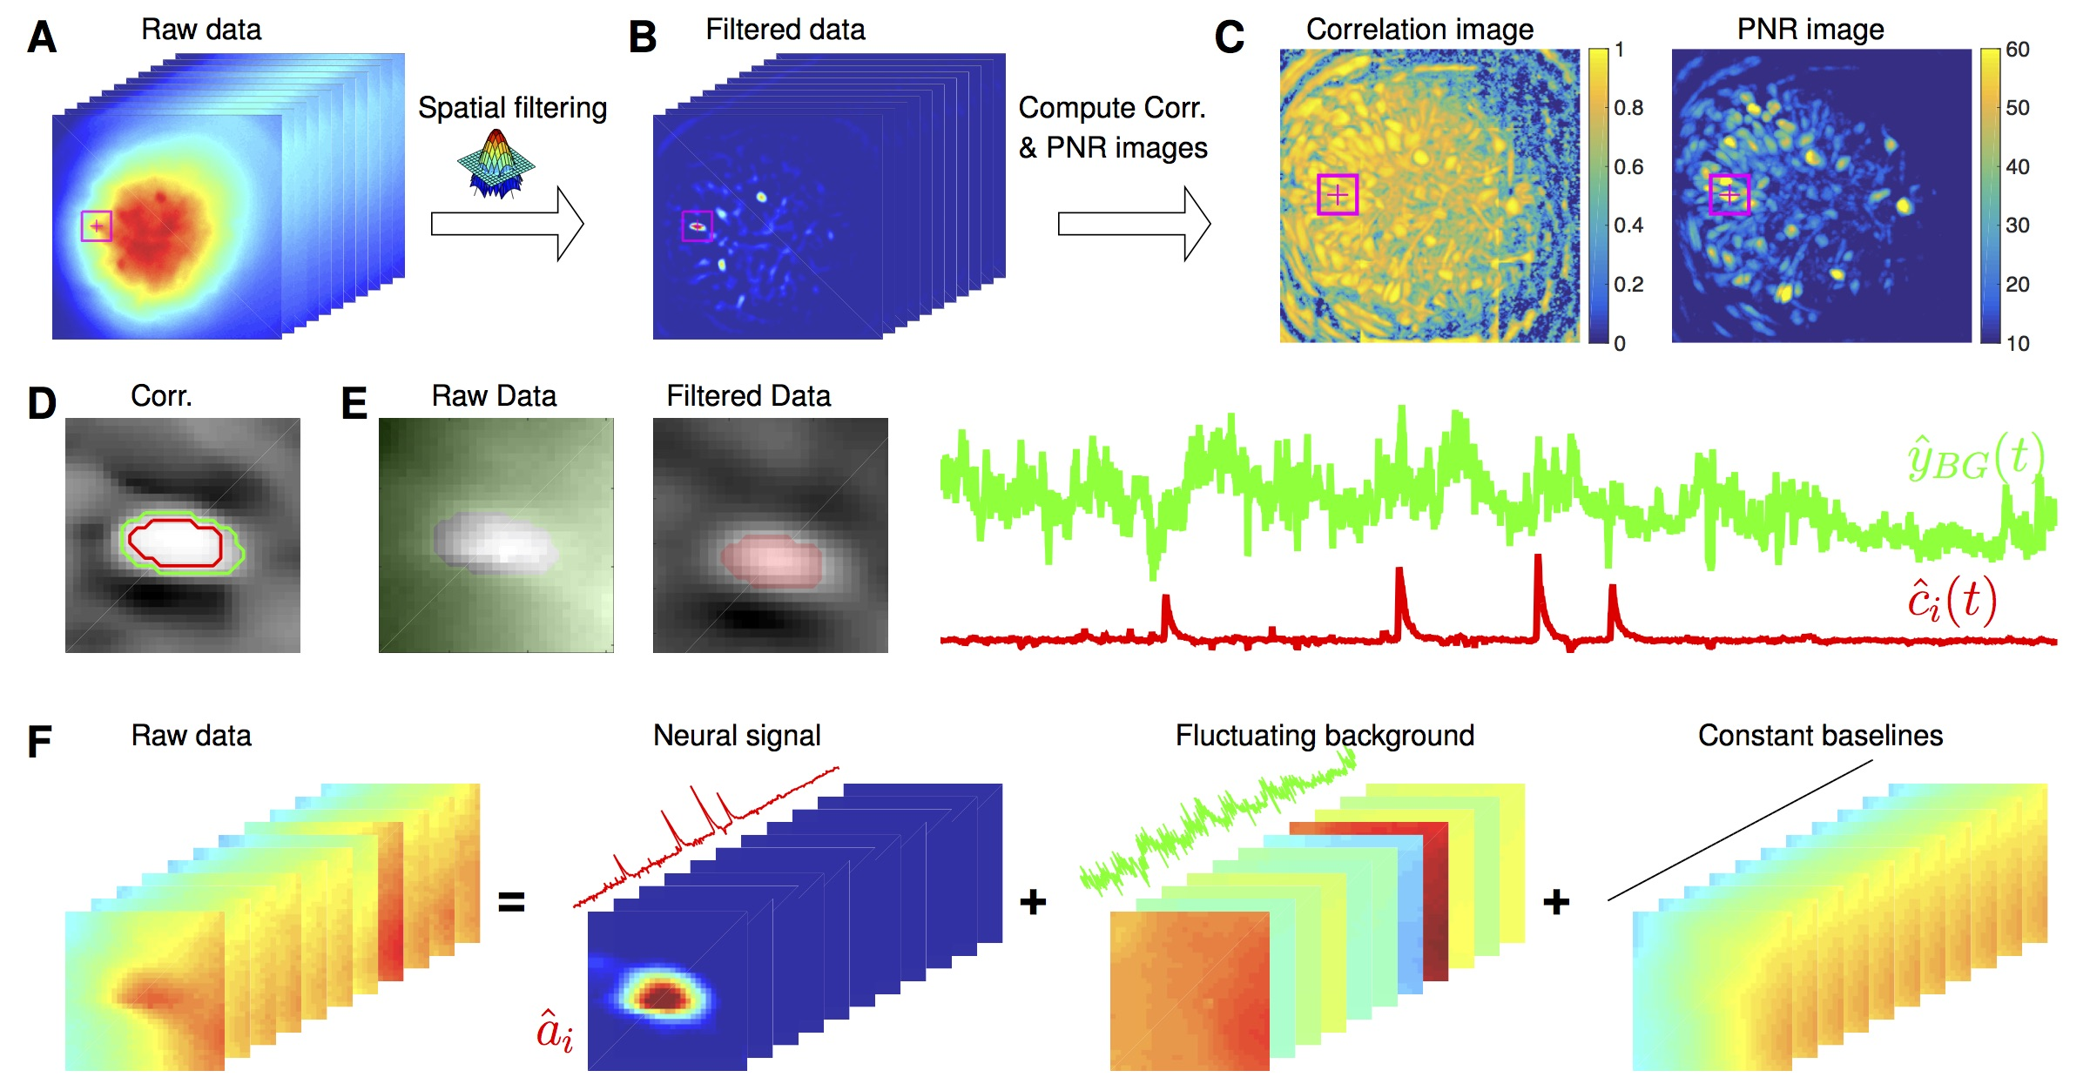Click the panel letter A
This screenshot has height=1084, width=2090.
click(x=42, y=37)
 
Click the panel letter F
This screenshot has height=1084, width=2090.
click(x=39, y=742)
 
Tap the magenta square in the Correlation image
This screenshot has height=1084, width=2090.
click(x=1338, y=194)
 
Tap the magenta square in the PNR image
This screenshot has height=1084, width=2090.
click(x=1729, y=194)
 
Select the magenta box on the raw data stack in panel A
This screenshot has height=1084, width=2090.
click(x=96, y=226)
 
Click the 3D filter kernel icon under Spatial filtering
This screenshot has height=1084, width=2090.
click(x=496, y=164)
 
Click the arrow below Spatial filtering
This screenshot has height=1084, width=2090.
click(x=507, y=224)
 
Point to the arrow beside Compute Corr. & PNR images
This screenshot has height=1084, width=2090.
click(x=1134, y=224)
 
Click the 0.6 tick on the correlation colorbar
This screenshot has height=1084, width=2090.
click(x=1628, y=166)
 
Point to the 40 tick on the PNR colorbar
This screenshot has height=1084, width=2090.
click(x=2018, y=166)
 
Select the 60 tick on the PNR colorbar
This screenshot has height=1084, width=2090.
click(x=2018, y=50)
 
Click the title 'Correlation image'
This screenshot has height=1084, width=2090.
click(x=1419, y=30)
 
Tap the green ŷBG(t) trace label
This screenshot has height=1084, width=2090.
click(x=1975, y=457)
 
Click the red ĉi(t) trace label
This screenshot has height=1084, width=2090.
click(x=1952, y=600)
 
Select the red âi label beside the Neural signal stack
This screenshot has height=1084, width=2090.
click(x=555, y=1032)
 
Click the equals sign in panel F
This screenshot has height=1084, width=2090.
click(x=511, y=902)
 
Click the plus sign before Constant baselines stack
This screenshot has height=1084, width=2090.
click(x=1556, y=902)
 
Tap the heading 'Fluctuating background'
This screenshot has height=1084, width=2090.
click(x=1325, y=736)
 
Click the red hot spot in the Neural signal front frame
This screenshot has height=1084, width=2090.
click(x=664, y=995)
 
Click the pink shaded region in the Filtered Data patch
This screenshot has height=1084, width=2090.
click(x=772, y=561)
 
